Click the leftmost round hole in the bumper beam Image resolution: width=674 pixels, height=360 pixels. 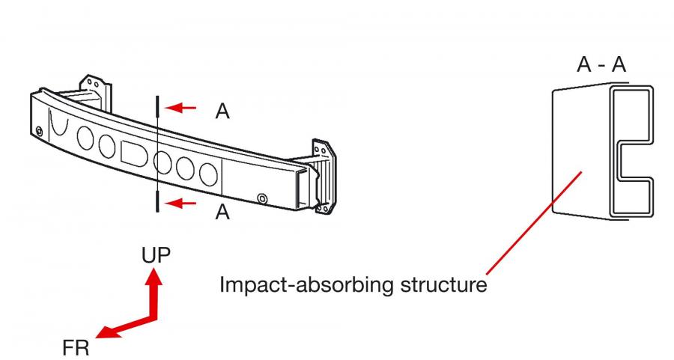tap(85, 138)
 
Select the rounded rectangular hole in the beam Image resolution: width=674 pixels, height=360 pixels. tap(134, 153)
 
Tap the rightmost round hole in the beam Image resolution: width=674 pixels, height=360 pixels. tap(208, 174)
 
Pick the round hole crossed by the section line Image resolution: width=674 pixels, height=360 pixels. tap(163, 162)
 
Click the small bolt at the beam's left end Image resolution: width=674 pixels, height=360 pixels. tap(39, 130)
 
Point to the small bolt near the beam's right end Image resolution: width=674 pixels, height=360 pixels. tap(262, 198)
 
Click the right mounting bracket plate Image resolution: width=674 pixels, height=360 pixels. tap(324, 176)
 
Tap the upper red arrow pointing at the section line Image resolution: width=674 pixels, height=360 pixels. tap(180, 107)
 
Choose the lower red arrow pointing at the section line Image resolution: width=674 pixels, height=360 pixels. tap(180, 203)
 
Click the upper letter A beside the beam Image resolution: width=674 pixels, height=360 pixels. tap(222, 112)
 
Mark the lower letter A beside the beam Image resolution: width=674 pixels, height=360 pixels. tap(222, 211)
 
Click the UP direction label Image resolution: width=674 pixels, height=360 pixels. tap(156, 254)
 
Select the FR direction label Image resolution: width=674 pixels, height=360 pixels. tap(76, 347)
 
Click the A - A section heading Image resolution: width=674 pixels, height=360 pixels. tap(601, 64)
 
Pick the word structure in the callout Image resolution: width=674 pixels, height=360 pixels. tap(443, 284)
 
